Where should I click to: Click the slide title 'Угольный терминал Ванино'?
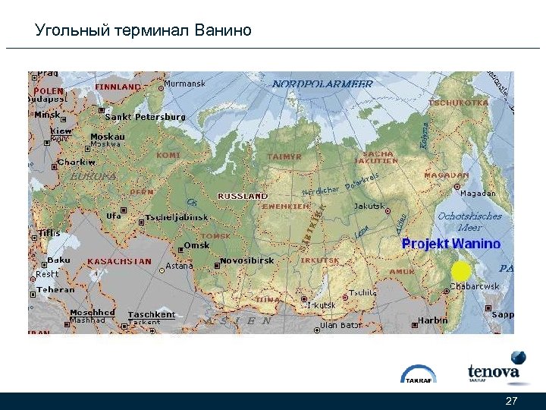click(x=143, y=31)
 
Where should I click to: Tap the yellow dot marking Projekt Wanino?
click(x=460, y=270)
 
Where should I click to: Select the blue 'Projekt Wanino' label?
click(x=451, y=244)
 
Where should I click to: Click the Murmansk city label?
click(x=184, y=84)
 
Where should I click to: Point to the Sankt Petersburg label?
click(x=144, y=117)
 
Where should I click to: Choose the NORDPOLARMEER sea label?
click(x=322, y=84)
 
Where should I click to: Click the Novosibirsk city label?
click(x=247, y=260)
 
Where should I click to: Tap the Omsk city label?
click(x=196, y=245)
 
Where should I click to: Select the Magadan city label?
click(x=478, y=194)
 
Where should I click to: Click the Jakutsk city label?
click(x=369, y=207)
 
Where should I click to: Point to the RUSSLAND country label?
click(x=243, y=196)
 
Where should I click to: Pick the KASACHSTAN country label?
click(x=119, y=261)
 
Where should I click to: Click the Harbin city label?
click(x=433, y=320)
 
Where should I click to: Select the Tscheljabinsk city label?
click(x=177, y=217)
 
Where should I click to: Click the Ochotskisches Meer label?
click(x=469, y=221)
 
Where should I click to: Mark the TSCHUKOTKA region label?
click(x=458, y=102)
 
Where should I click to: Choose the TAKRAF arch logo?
click(x=419, y=374)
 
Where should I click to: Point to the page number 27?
click(x=511, y=401)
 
